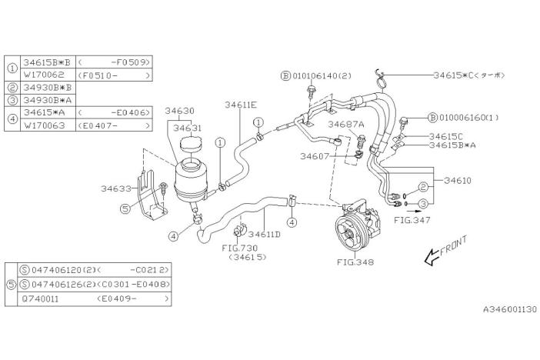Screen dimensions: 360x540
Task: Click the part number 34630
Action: (x=179, y=111)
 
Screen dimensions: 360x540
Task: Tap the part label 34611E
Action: (x=241, y=104)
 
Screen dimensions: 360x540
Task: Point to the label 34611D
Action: (x=264, y=234)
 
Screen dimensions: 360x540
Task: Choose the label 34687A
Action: (x=345, y=124)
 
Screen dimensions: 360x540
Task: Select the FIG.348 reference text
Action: (x=355, y=262)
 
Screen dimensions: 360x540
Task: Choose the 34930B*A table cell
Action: (x=47, y=99)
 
